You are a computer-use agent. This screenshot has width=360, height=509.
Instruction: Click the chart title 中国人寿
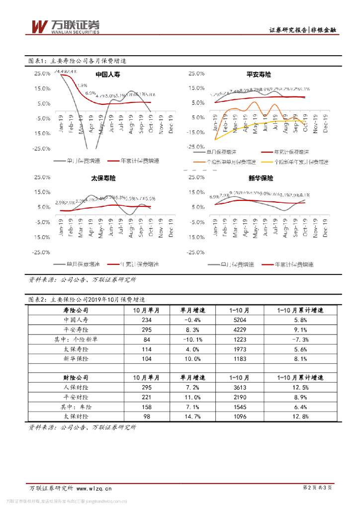click(107, 75)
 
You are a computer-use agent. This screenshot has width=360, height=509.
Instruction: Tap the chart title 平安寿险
click(259, 74)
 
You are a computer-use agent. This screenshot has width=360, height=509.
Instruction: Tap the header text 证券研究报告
click(287, 30)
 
